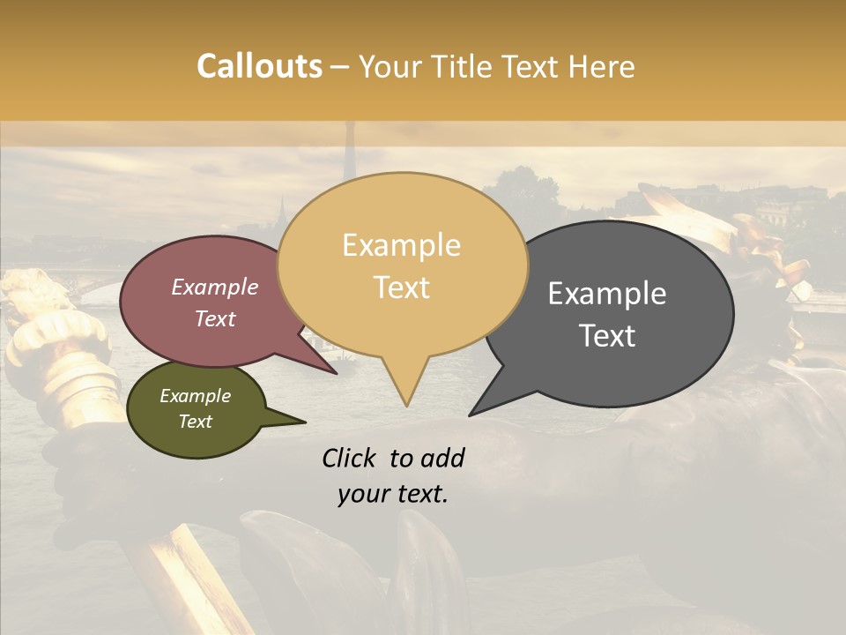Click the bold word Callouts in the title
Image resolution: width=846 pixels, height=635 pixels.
[x=259, y=66]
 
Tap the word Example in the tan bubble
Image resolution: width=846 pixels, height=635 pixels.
[x=401, y=245]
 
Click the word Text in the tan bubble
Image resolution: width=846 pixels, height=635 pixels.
[x=401, y=288]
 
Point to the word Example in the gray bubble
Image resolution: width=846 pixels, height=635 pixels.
[x=607, y=294]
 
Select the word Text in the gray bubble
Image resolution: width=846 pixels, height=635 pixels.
[x=607, y=336]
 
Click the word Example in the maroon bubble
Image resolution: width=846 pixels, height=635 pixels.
[x=215, y=287]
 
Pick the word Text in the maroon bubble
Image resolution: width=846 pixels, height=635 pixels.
[x=215, y=318]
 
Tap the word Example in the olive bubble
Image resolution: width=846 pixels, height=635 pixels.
[x=196, y=396]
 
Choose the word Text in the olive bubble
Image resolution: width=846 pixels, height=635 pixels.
[x=196, y=421]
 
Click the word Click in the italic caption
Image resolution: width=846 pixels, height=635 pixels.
[x=351, y=458]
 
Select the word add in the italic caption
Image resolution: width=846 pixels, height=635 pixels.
[x=442, y=458]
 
